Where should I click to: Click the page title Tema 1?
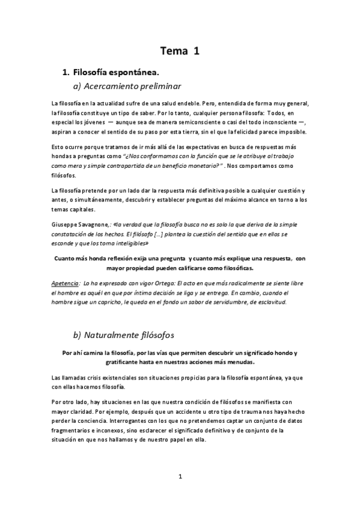(180, 51)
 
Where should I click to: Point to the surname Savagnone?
(92, 222)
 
